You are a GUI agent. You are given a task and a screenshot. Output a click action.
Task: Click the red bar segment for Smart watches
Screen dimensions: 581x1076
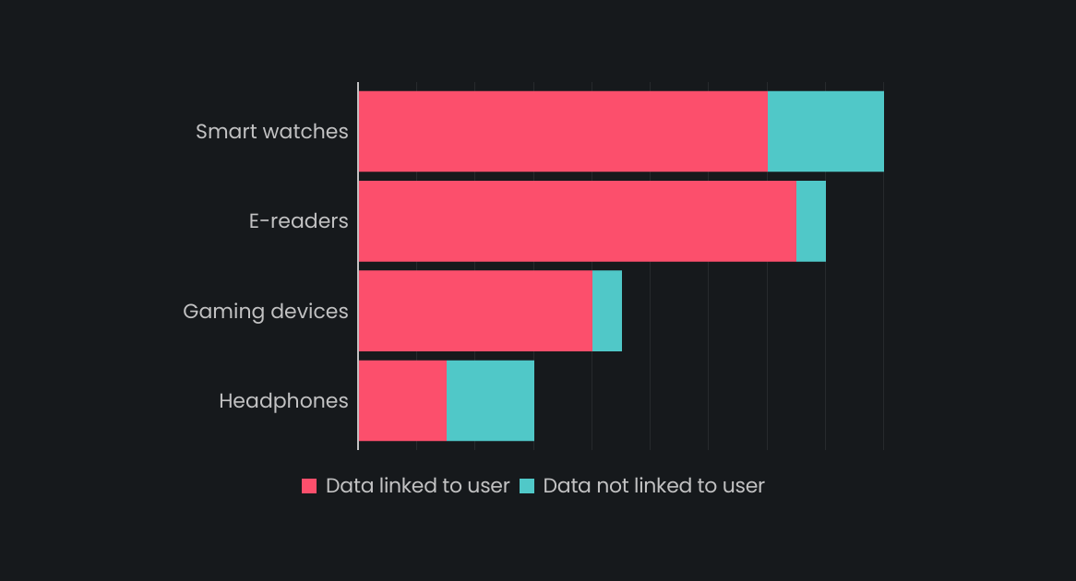562,131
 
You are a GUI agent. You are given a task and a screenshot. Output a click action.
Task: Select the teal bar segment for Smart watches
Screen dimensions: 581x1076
825,131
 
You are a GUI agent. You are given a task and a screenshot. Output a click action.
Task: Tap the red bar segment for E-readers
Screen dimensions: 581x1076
577,220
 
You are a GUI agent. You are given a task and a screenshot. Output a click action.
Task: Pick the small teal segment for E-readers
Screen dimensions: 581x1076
810,220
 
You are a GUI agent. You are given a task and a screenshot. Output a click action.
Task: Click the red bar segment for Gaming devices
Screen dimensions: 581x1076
474,311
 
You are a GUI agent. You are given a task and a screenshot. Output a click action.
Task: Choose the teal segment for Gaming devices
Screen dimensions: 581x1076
606,311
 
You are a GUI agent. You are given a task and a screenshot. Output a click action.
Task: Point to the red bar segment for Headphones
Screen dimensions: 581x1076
401,400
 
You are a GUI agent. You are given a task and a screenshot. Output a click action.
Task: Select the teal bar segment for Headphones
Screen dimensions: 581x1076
490,400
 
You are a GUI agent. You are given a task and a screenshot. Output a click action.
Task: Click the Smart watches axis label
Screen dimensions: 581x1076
271,131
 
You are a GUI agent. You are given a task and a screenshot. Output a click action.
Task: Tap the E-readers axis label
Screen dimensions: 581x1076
298,221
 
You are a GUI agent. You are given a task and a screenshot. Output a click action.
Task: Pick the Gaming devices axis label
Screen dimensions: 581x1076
265,311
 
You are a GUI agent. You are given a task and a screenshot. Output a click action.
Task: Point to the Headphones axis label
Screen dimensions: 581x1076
283,401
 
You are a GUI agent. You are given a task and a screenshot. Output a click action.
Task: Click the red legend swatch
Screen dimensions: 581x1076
309,486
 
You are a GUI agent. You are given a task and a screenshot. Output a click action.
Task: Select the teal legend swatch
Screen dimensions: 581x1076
527,486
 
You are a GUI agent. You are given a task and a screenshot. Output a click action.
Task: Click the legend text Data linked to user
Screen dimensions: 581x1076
417,486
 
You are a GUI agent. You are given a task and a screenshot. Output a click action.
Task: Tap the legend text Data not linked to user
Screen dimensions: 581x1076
653,486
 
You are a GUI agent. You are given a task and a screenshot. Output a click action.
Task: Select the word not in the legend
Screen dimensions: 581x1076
606,486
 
